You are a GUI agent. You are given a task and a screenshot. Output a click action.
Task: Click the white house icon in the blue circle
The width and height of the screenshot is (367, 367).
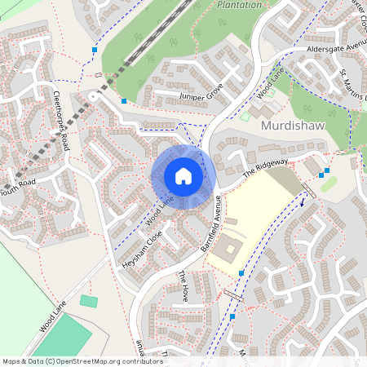183,176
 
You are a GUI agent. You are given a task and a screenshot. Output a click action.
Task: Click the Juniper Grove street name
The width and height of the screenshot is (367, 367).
200,95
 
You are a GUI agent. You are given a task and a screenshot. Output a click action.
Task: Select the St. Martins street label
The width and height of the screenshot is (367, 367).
353,85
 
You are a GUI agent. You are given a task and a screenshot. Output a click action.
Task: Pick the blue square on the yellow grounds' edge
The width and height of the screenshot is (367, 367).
241,272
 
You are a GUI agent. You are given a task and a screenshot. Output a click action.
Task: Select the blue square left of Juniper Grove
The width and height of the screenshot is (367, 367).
124,100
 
